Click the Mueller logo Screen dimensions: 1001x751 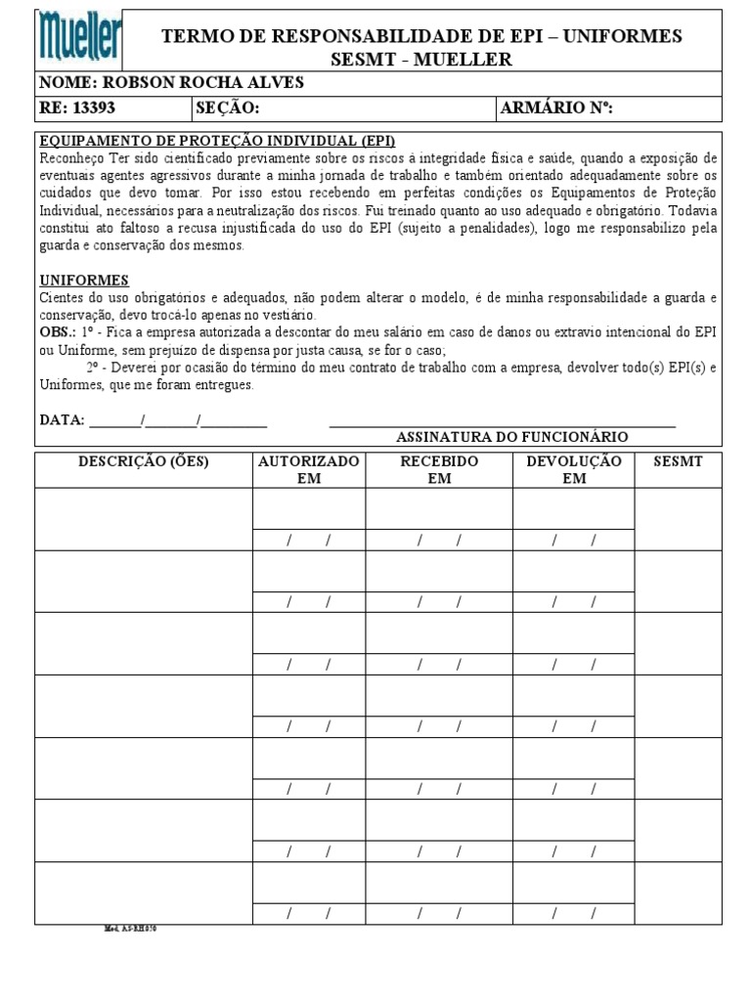point(81,39)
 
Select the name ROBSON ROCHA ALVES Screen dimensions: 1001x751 point(171,83)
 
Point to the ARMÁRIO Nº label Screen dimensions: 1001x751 point(556,108)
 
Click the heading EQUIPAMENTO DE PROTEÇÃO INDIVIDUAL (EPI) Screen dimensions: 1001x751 point(217,142)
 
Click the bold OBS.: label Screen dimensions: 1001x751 point(58,333)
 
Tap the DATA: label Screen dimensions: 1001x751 point(62,420)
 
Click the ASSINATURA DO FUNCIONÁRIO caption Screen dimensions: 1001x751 point(511,437)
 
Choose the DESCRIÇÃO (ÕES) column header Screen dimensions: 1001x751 point(143,461)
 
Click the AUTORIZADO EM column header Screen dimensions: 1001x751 point(308,469)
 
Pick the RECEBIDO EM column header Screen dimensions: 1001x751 point(439,469)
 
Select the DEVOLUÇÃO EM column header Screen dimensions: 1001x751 point(573,469)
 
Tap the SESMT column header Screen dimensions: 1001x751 point(678,461)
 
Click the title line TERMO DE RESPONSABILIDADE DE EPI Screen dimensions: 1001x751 point(421,36)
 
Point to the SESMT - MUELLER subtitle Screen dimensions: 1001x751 point(421,60)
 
